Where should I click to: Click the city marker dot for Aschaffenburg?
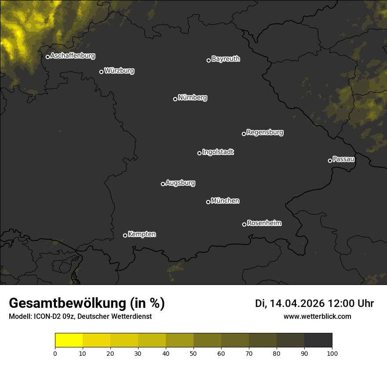pos(47,57)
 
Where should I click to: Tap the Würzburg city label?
pos(119,71)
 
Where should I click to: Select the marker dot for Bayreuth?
pos(209,60)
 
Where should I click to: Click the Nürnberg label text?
pos(193,98)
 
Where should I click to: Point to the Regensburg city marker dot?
pos(244,134)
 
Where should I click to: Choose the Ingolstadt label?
pos(218,152)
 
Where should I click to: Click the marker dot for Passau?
pos(330,161)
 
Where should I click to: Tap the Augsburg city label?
pos(180,183)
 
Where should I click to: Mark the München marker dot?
pos(208,202)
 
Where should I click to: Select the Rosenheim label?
pos(264,223)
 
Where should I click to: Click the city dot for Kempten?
pos(125,235)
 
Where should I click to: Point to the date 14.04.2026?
pos(297,303)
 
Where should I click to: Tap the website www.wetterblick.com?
pos(317,316)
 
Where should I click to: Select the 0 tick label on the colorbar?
pos(55,353)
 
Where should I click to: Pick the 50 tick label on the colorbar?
pos(193,353)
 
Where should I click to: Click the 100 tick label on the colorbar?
pos(332,353)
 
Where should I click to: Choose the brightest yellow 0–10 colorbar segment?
pos(69,340)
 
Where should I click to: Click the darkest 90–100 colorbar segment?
pos(318,340)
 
